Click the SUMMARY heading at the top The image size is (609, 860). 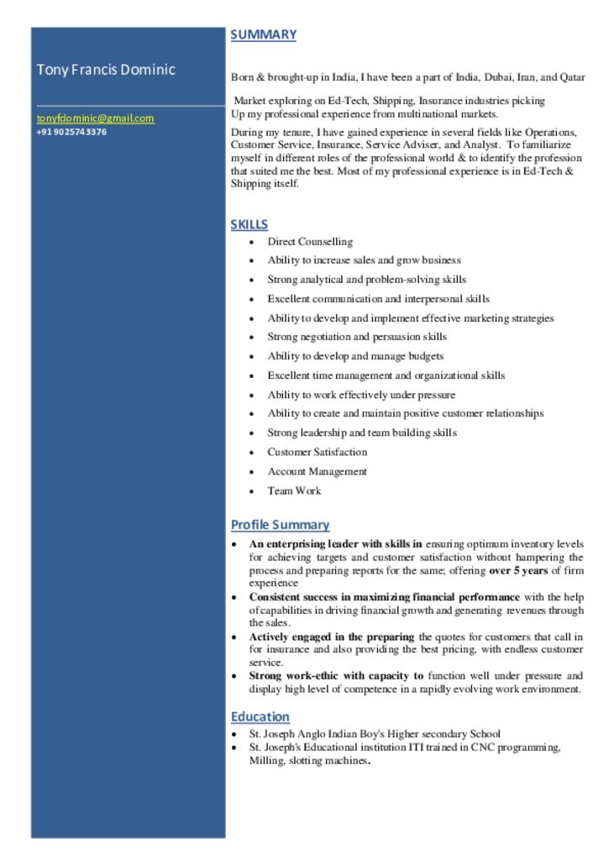(x=263, y=34)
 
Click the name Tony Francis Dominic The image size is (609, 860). (x=106, y=69)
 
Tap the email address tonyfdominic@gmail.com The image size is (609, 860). (x=95, y=118)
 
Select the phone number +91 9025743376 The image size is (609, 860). (x=72, y=132)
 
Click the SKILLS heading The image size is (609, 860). (x=249, y=224)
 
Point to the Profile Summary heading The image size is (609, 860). (x=280, y=525)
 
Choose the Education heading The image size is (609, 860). (x=260, y=716)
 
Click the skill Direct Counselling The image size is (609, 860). (x=310, y=242)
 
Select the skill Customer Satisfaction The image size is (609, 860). (x=317, y=452)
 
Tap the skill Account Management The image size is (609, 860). (x=317, y=471)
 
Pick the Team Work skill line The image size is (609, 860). (x=294, y=490)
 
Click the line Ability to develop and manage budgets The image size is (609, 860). (x=355, y=356)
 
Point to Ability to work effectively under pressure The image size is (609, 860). (x=361, y=395)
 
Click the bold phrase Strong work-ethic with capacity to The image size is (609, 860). (x=336, y=675)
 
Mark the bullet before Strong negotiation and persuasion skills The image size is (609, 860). (x=251, y=338)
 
